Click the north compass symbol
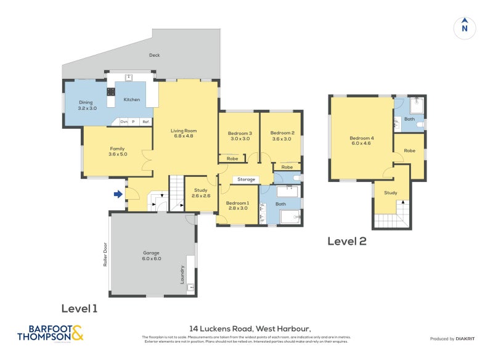(465, 27)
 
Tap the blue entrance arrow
(118, 195)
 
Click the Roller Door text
(106, 253)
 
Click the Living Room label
(184, 133)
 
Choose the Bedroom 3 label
(240, 136)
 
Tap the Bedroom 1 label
(237, 206)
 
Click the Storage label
(246, 180)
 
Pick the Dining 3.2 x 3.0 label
(86, 105)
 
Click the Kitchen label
(132, 99)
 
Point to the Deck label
(154, 55)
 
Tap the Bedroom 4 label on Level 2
(361, 141)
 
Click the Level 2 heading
(346, 241)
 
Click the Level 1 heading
(79, 308)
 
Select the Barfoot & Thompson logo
(51, 333)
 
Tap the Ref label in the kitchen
(145, 121)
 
